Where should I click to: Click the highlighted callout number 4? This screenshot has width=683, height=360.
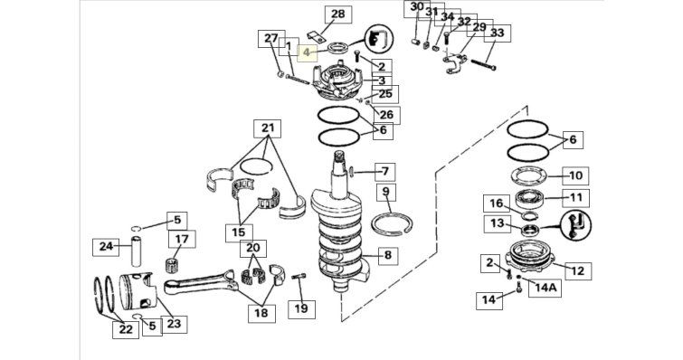coord(307,52)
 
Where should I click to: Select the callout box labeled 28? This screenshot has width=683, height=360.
coord(338,14)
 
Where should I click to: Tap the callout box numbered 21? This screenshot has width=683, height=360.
coord(268,128)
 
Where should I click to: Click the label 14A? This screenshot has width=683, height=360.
coord(545,288)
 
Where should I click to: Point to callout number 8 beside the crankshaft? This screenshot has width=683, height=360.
coord(388,255)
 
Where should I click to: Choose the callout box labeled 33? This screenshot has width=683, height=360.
coord(497,33)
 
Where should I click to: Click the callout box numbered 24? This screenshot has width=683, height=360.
coord(106,247)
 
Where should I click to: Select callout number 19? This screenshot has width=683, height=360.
coord(301,309)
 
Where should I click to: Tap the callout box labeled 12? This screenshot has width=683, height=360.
coord(577,271)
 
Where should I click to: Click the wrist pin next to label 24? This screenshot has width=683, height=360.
coord(138,251)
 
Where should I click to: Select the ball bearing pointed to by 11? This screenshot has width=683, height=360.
coord(529,199)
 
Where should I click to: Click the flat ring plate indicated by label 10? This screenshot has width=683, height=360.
coord(528,176)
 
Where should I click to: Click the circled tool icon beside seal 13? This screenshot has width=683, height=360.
coord(576,225)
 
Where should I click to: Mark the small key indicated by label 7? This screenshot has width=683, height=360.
coord(352,172)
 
